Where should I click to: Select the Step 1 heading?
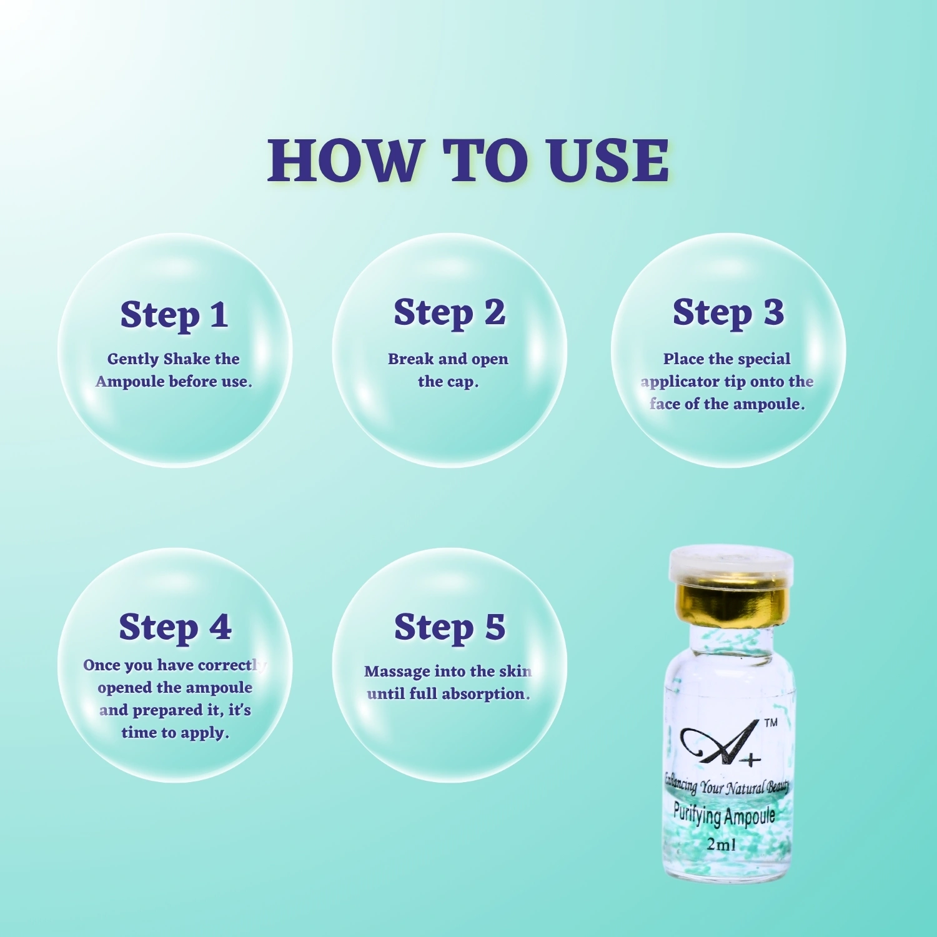(x=174, y=315)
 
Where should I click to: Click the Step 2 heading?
(x=449, y=313)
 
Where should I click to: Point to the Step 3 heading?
(x=728, y=313)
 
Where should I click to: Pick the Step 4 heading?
(x=175, y=628)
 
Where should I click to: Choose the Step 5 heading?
(x=450, y=628)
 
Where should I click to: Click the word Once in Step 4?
(x=101, y=665)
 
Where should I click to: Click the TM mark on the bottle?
(x=771, y=723)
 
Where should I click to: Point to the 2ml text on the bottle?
(x=721, y=844)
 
